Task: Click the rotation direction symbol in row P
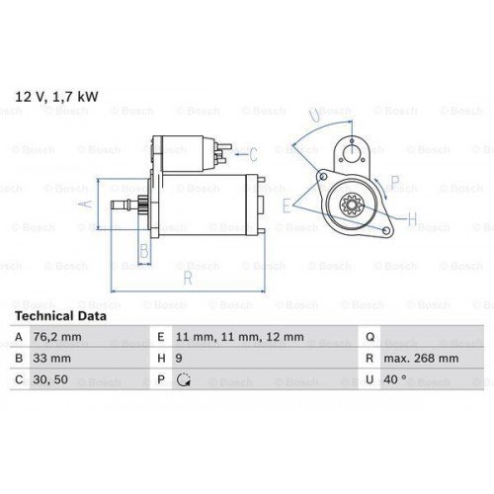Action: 183,380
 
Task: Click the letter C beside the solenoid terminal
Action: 253,153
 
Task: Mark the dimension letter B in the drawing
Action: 144,252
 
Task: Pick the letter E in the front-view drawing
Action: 287,206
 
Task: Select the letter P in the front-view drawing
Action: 394,181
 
